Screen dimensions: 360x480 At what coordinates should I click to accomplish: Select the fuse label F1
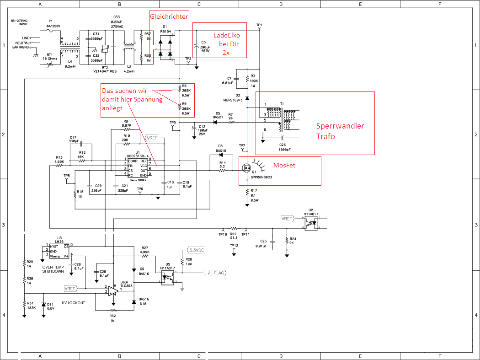(51, 21)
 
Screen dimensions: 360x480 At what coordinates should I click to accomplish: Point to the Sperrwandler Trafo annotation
(340, 131)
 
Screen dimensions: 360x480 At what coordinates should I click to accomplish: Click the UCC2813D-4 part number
(137, 156)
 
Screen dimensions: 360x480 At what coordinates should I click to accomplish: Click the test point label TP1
(259, 25)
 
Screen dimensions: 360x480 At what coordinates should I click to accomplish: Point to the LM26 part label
(59, 242)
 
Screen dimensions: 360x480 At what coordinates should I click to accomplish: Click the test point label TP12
(234, 246)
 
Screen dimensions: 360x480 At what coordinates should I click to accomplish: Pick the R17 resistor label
(254, 191)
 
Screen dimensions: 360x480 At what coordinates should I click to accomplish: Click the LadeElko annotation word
(227, 35)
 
